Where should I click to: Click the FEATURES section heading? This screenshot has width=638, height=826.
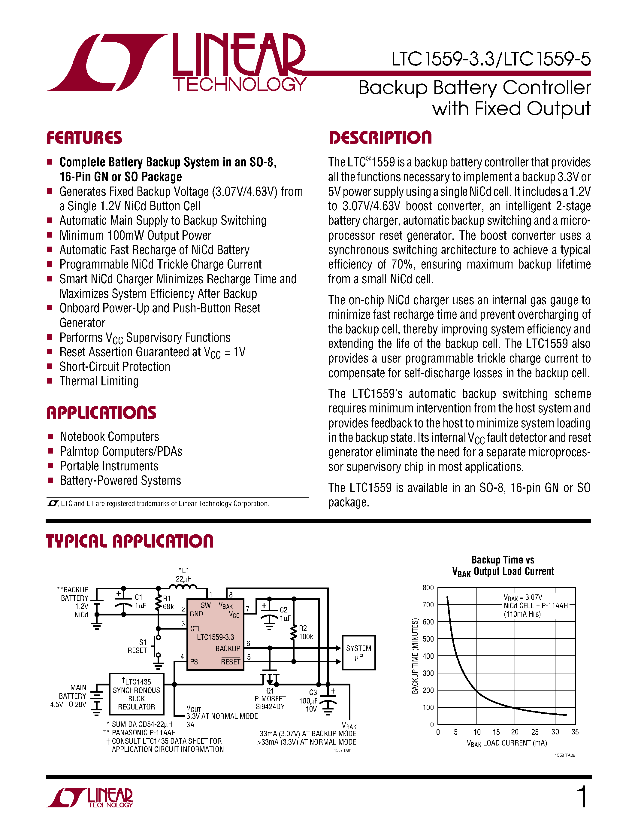(84, 138)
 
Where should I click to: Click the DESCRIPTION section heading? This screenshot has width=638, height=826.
(380, 138)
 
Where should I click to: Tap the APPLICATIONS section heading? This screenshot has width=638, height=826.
(101, 413)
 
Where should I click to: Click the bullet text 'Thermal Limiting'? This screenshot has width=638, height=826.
(99, 381)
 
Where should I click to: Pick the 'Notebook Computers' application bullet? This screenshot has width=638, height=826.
(109, 437)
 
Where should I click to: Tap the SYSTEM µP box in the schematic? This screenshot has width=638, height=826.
(358, 652)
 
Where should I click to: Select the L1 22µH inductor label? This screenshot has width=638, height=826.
(183, 575)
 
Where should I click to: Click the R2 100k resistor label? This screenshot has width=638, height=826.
(306, 632)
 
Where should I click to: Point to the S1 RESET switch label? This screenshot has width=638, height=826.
(138, 646)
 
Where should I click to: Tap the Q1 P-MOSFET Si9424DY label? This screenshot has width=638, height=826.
(270, 699)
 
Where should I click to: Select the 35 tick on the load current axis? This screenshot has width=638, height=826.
(575, 732)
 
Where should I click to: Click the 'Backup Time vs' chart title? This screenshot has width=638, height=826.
(503, 560)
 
